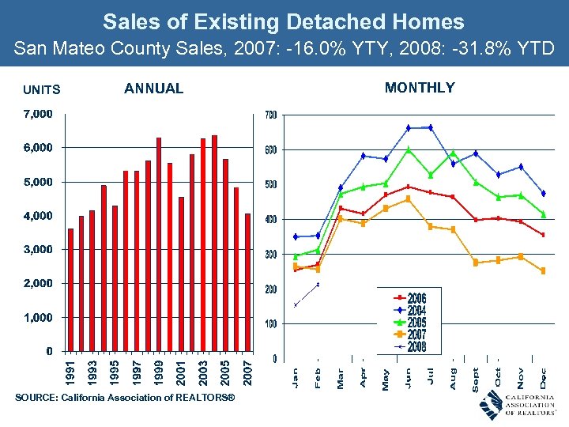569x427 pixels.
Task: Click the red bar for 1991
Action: (x=70, y=289)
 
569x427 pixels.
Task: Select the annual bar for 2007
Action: (x=247, y=282)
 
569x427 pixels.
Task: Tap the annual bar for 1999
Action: (x=159, y=244)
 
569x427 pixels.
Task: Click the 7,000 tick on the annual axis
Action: (x=37, y=114)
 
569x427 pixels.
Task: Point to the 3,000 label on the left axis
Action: (x=37, y=249)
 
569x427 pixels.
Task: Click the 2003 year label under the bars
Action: (x=203, y=372)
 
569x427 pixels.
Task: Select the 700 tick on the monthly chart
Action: (x=271, y=115)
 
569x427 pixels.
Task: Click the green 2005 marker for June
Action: (x=409, y=149)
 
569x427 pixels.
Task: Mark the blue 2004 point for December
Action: (x=544, y=193)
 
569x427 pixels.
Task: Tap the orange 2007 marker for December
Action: (x=544, y=271)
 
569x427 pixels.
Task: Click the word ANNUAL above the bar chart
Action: (x=153, y=89)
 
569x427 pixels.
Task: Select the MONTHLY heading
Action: (x=420, y=88)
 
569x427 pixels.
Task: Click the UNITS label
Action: (x=41, y=90)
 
